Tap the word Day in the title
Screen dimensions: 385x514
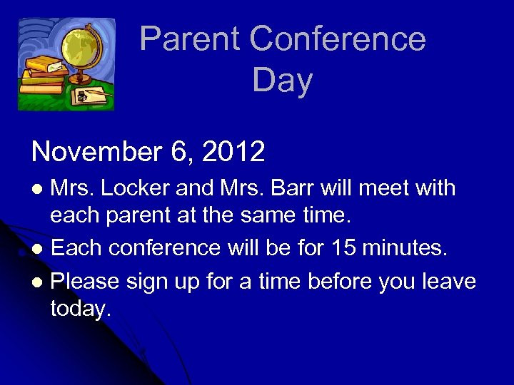tap(283, 81)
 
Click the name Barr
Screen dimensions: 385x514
tap(288, 188)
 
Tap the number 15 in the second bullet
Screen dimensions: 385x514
tap(343, 248)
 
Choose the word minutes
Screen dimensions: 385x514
tap(405, 248)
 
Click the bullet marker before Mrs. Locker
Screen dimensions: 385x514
tap(39, 190)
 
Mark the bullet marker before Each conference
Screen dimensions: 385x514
tap(39, 250)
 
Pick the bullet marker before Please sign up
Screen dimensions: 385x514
tap(39, 283)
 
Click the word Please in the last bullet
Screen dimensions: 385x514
tap(85, 282)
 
